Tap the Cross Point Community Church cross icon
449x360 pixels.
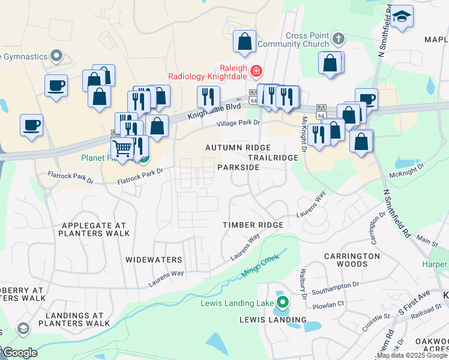coord(339,40)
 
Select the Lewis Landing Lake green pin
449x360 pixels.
coord(281,302)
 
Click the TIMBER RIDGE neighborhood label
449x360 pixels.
coord(253,224)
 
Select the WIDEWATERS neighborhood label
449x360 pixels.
coord(154,260)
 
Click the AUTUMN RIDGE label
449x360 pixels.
coord(238,148)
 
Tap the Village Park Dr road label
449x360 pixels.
coord(238,123)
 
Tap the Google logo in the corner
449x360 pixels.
coord(20,352)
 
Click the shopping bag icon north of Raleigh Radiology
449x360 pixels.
coord(244,42)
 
